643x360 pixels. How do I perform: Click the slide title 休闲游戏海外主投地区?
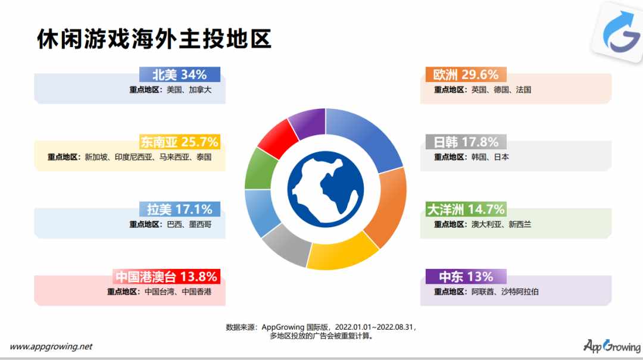click(x=154, y=39)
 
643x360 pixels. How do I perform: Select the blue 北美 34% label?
click(x=180, y=74)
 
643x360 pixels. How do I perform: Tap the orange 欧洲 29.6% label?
click(x=466, y=74)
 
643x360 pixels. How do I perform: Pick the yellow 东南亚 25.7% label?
click(x=180, y=142)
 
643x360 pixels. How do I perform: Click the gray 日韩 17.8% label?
click(x=466, y=142)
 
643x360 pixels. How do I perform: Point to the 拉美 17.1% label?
click(x=180, y=209)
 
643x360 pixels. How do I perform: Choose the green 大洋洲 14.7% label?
click(x=466, y=209)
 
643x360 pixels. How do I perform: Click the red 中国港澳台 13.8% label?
click(x=167, y=276)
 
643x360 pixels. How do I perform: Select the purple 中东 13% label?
click(x=466, y=276)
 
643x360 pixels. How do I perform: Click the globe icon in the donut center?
click(x=326, y=189)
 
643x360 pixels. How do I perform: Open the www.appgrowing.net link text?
click(x=51, y=346)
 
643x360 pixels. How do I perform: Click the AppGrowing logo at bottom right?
click(x=612, y=346)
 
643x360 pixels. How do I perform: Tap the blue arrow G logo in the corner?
click(x=619, y=32)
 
